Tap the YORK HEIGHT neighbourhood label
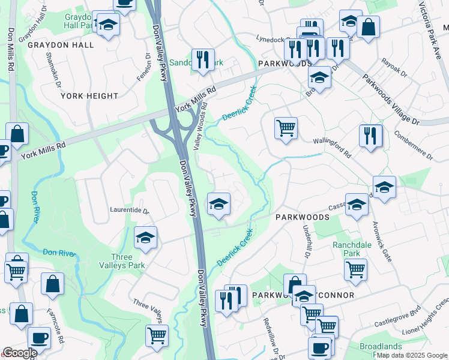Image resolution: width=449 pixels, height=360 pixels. (89, 96)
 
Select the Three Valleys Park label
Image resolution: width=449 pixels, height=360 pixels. (122, 261)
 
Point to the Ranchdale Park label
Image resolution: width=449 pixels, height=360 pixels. (351, 249)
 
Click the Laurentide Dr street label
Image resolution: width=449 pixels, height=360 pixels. (128, 211)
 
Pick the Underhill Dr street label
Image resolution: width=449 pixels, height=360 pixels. (306, 241)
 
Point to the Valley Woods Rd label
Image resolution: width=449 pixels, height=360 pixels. (200, 128)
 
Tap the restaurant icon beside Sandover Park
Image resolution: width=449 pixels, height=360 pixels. (203, 59)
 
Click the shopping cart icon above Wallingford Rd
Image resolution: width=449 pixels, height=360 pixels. (286, 128)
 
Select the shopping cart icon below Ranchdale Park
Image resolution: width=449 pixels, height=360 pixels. (355, 269)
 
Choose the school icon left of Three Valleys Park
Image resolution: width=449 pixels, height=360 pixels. (145, 238)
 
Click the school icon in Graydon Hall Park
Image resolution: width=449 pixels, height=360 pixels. (109, 25)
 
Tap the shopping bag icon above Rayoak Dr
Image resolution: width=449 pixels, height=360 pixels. (368, 26)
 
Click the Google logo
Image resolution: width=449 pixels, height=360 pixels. (20, 353)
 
